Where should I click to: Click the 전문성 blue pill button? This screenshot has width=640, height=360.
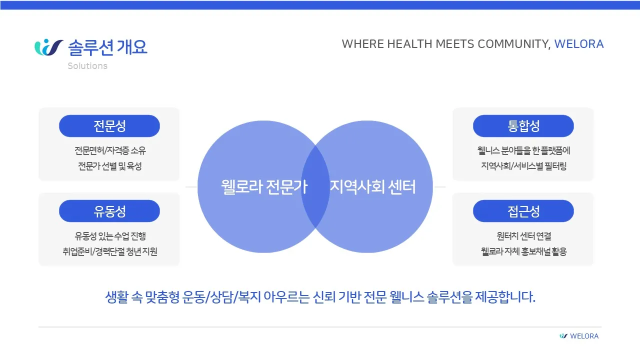coord(109,126)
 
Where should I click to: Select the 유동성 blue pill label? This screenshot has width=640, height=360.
coord(109,211)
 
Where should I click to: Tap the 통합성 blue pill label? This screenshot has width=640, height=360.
coord(523,126)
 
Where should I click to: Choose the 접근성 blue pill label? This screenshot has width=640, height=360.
coord(523,211)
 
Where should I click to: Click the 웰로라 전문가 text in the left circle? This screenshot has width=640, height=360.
coord(264,187)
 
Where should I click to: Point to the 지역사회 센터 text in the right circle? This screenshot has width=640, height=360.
coord(372,187)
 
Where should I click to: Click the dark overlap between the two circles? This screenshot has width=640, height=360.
coord(315,187)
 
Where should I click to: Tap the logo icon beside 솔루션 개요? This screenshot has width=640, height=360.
coord(48,47)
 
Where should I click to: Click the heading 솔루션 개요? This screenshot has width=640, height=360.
coord(107,47)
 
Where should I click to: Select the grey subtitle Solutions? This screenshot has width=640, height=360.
coord(87,66)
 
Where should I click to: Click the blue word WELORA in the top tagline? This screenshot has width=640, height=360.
coord(579,44)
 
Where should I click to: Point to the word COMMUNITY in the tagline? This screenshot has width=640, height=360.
coord(514,44)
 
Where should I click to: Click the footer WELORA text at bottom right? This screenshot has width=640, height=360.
coord(584,336)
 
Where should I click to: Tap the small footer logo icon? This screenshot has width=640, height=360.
coord(563,336)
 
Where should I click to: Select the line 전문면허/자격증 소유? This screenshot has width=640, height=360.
coord(110,150)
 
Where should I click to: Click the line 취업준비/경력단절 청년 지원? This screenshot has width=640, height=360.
coord(110,251)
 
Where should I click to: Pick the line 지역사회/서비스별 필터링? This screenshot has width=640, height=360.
coord(523,166)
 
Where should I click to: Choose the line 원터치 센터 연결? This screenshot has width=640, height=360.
coord(523,236)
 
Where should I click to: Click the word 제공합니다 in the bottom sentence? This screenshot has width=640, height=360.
coord(505,297)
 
